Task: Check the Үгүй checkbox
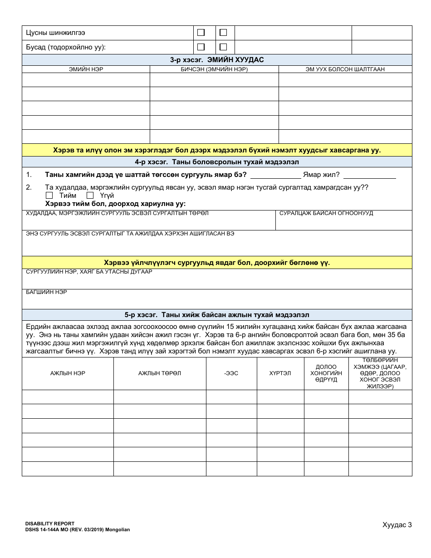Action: click(x=90, y=196)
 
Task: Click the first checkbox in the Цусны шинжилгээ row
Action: click(x=201, y=33)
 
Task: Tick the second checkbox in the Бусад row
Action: click(x=223, y=47)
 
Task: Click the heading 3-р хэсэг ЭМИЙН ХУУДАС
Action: click(x=217, y=60)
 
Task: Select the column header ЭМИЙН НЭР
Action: click(x=86, y=69)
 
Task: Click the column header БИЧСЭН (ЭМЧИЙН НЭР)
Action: click(x=214, y=69)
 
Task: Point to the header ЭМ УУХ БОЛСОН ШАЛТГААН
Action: click(x=345, y=69)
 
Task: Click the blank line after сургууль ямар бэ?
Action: click(x=275, y=175)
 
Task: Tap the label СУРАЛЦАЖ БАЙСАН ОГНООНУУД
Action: click(x=326, y=213)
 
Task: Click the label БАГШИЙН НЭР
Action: click(x=47, y=292)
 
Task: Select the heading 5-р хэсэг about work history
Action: click(x=217, y=315)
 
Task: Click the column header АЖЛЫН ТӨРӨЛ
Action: click(x=160, y=373)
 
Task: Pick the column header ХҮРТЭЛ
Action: click(x=280, y=373)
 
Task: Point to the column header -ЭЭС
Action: click(x=231, y=373)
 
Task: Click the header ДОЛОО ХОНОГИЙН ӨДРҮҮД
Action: click(x=326, y=373)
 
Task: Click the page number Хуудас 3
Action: click(x=397, y=525)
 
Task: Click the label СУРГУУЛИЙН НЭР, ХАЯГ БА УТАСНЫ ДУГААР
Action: click(x=89, y=272)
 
